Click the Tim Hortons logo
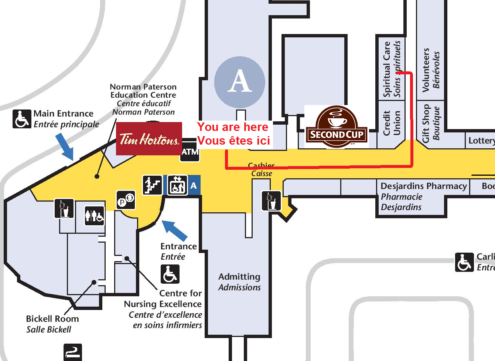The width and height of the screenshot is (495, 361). click(x=149, y=139)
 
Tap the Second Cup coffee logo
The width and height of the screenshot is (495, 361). click(x=336, y=127)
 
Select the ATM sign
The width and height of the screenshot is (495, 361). click(x=190, y=151)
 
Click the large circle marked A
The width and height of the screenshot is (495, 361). click(x=240, y=82)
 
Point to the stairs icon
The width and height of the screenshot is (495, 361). click(x=152, y=185)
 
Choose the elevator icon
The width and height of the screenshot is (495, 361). click(x=177, y=185)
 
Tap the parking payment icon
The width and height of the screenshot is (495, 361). click(x=126, y=200)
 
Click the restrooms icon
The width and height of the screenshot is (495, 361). click(x=95, y=215)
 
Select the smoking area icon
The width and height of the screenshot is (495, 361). click(x=72, y=352)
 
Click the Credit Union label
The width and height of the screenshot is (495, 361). click(x=392, y=123)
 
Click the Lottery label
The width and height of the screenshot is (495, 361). click(x=481, y=141)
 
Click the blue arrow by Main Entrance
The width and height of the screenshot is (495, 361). click(x=65, y=146)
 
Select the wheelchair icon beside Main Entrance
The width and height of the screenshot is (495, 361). click(x=22, y=119)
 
